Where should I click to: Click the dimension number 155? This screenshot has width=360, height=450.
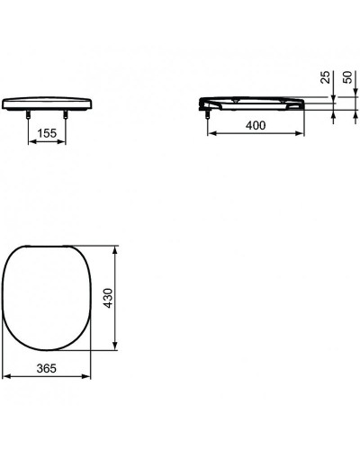pyautogui.click(x=49, y=132)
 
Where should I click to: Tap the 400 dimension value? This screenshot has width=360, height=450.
pyautogui.click(x=256, y=127)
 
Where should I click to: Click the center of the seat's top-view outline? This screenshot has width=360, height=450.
pyautogui.click(x=50, y=298)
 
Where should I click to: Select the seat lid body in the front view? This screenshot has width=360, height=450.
pyautogui.click(x=49, y=103)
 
